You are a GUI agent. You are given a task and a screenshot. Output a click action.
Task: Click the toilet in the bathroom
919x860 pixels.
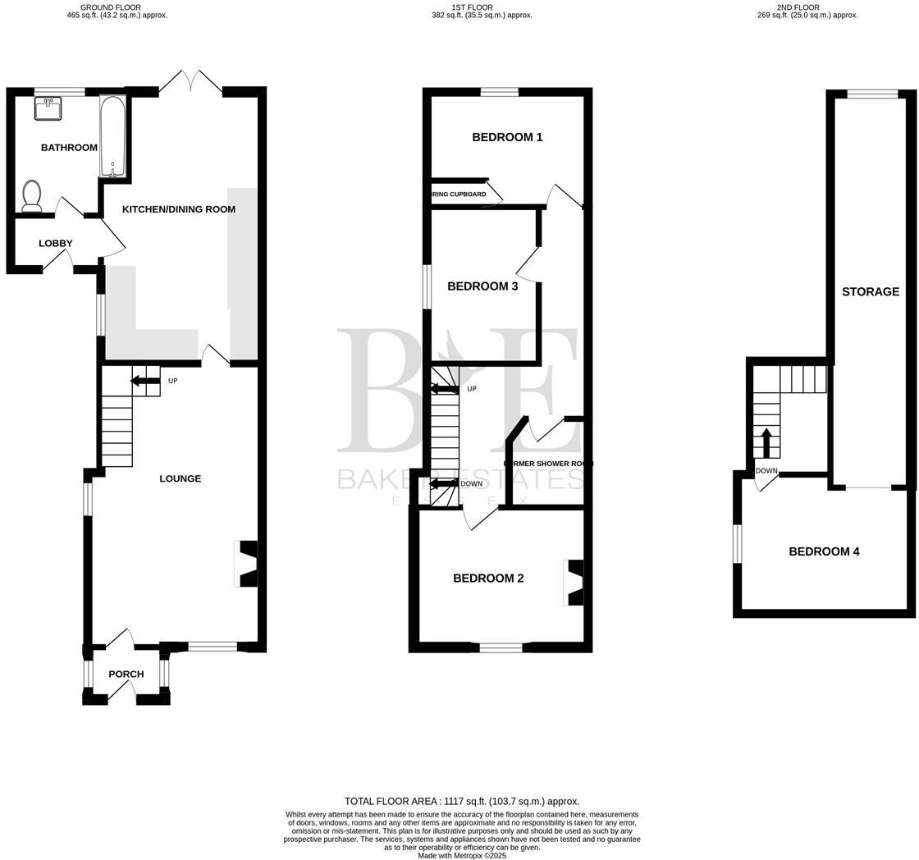coord(32,196)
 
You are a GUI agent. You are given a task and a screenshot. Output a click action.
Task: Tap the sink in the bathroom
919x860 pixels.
coord(49,108)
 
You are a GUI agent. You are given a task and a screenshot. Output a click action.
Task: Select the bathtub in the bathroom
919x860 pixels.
coord(113,135)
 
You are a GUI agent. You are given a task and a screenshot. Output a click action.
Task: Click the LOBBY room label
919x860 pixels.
coord(56,244)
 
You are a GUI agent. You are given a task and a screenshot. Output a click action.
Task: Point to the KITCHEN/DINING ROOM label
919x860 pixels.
coord(179,209)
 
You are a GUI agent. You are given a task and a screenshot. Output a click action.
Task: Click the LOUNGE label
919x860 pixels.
coord(180,478)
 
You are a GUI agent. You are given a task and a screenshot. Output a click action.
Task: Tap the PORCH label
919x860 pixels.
coord(126,675)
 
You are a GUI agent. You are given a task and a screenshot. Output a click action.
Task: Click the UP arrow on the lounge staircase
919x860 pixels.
coord(145,381)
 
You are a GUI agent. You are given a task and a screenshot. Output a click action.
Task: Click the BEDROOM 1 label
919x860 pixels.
coord(507,137)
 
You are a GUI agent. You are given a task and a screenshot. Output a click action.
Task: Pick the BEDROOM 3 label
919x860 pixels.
coord(482,286)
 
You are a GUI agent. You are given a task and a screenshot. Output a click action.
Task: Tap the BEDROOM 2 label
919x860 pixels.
coord(488,579)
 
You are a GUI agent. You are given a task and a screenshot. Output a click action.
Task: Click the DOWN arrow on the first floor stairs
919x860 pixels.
coord(444,483)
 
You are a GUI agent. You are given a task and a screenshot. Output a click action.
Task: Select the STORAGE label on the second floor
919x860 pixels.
coord(871,291)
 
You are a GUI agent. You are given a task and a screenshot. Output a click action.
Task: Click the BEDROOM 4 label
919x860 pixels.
coord(824,551)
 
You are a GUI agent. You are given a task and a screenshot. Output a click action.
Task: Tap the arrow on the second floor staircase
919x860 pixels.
coord(767,442)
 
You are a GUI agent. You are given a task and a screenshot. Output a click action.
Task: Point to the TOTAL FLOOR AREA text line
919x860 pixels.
coord(462,801)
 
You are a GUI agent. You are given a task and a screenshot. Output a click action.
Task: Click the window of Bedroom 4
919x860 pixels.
coord(738,544)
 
